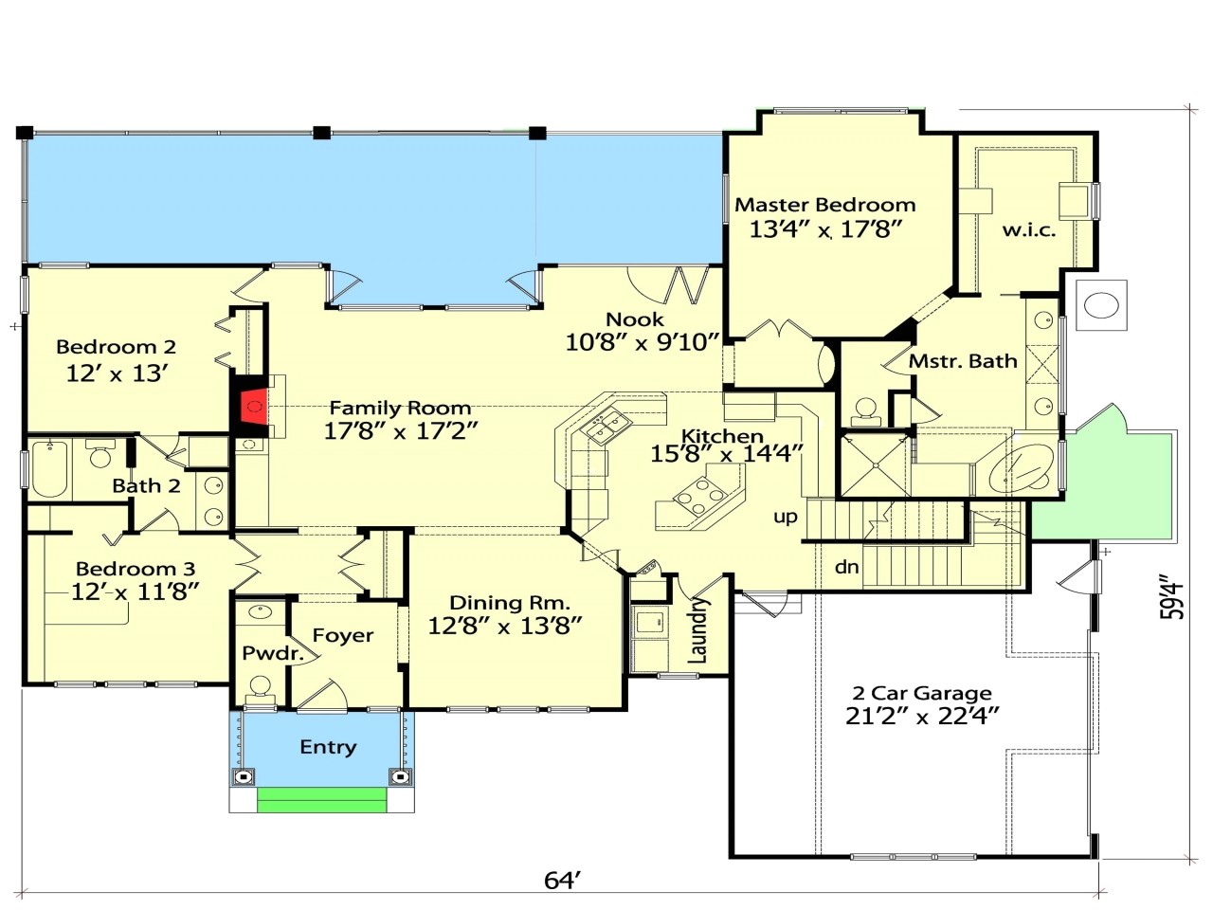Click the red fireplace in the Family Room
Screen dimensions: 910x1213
coord(252,409)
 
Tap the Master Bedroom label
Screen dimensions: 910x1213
coord(824,205)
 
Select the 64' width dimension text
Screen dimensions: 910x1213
coord(562,881)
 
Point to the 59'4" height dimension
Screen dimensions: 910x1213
coord(1173,599)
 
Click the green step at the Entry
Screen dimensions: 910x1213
coord(322,800)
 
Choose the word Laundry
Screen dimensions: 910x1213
coord(699,629)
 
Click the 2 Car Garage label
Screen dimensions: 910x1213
coord(921,693)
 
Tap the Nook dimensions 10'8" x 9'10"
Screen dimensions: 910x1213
coord(643,342)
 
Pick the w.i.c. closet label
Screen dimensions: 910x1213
coord(1028,229)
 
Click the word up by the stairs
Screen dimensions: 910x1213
coord(786,517)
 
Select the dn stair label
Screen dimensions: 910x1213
coord(846,567)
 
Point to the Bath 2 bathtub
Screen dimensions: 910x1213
coord(48,470)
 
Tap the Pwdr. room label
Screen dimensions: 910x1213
coord(273,653)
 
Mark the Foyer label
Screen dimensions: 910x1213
coord(342,635)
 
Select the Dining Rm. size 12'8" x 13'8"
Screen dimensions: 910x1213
coord(504,625)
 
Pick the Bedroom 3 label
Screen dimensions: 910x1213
coord(136,569)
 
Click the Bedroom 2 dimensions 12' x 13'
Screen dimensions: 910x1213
coord(117,373)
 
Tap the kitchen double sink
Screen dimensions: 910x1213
coord(606,428)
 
